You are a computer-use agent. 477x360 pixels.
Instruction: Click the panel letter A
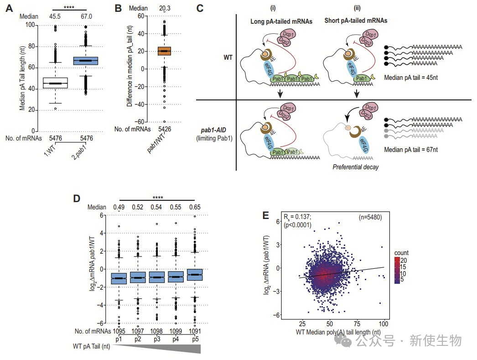pos(9,8)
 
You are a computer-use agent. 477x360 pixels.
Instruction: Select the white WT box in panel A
pos(55,83)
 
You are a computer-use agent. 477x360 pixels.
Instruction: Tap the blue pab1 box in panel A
pos(86,61)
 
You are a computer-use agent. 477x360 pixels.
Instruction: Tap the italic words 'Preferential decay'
pos(356,167)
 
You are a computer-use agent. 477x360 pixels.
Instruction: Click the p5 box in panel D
pos(194,274)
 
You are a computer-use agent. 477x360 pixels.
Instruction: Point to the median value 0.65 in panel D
pos(194,208)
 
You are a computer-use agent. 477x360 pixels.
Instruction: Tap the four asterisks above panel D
pos(157,198)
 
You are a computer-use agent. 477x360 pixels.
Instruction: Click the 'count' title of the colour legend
pos(401,253)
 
